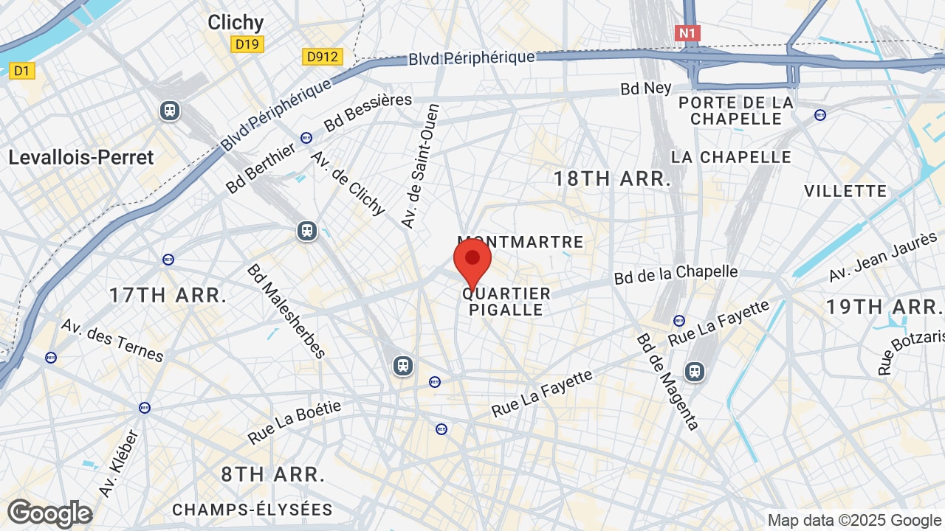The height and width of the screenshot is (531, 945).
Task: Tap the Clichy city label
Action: click(236, 22)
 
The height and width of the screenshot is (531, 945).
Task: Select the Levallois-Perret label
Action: click(81, 157)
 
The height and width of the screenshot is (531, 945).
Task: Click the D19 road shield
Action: click(247, 44)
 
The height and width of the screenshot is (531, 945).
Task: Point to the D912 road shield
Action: click(323, 56)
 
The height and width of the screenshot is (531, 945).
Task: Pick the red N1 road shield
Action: click(687, 33)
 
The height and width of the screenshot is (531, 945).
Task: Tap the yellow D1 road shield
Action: click(21, 71)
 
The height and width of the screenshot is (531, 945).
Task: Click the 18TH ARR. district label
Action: click(612, 178)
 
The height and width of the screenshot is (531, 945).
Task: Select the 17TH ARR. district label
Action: click(168, 295)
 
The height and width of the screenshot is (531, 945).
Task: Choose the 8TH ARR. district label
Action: click(273, 474)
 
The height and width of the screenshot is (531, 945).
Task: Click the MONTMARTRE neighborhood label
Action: click(520, 242)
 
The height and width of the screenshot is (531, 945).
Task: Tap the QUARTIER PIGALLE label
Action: click(506, 302)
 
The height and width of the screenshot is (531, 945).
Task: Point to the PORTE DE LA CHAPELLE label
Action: click(735, 111)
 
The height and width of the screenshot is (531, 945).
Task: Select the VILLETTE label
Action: click(845, 191)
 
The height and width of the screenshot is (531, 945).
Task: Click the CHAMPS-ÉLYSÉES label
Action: click(252, 510)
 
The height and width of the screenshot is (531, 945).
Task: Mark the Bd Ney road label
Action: click(646, 88)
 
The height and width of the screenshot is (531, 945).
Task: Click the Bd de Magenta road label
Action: click(667, 381)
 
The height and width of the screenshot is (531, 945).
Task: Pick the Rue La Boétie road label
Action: click(295, 423)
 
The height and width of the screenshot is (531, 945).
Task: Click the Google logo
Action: click(49, 513)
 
